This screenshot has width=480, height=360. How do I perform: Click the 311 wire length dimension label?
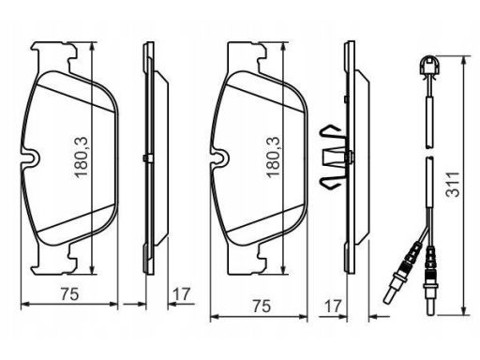[x=454, y=184]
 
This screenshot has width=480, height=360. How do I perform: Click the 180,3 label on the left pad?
[x=82, y=157]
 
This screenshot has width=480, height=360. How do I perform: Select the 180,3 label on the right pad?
[x=273, y=157]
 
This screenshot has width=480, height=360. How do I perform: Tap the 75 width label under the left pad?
[x=69, y=293]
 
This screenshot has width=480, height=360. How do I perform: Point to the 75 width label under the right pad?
[x=262, y=307]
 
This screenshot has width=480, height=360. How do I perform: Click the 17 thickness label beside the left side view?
[x=181, y=293]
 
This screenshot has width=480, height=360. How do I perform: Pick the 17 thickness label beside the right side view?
[x=333, y=307]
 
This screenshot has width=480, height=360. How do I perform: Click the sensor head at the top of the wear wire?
[x=430, y=67]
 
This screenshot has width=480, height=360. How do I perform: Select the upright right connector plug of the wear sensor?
[x=431, y=279]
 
